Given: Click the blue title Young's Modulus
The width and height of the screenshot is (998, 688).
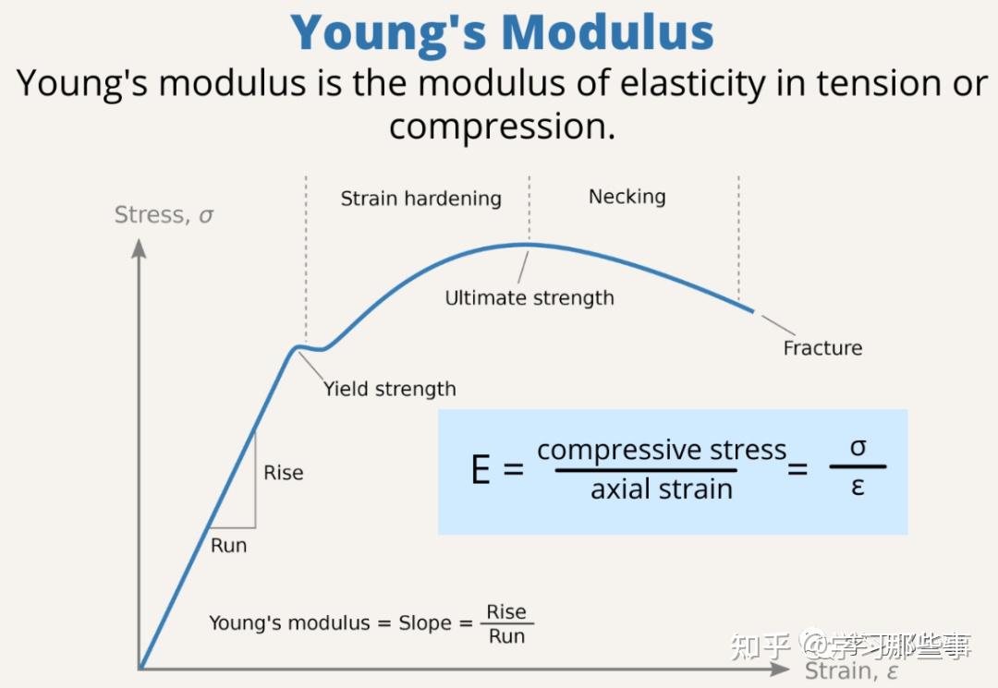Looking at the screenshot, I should point(503,32).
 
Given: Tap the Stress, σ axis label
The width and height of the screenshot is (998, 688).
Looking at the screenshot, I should point(164,215).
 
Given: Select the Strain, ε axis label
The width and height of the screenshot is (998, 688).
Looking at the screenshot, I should point(850,671).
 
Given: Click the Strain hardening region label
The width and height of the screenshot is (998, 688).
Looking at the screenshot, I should point(420,199).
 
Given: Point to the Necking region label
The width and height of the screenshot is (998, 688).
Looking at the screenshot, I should point(627,197).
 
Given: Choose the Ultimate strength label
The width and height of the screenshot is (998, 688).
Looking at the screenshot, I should point(529,298).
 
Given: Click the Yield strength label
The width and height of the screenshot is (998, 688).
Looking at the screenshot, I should point(389,389).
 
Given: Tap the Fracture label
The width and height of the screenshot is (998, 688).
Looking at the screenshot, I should point(822,348).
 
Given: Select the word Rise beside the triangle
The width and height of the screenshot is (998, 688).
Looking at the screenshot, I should point(283,473).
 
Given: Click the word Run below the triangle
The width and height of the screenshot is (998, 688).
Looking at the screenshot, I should point(228,546).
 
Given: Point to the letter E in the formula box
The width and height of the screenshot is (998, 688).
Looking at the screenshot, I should point(481,470).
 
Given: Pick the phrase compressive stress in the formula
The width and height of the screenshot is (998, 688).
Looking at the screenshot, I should point(661,451).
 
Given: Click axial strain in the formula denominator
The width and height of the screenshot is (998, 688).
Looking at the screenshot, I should point(661,489).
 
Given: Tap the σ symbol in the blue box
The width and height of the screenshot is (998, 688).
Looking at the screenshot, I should point(858,448).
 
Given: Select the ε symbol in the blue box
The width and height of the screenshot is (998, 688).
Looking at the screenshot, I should point(858,487).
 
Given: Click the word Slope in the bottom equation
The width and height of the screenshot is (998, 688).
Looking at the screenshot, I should point(424,623).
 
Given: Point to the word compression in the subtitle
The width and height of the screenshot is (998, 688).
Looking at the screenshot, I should point(500,127).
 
